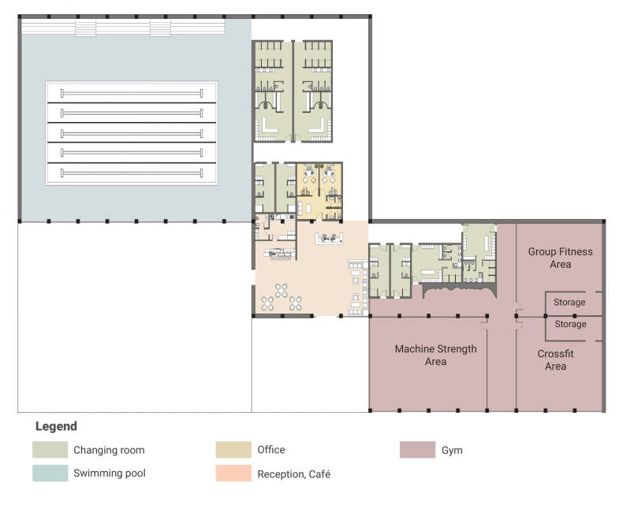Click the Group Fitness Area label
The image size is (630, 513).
(x=560, y=258)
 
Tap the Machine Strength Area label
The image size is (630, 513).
(x=435, y=355)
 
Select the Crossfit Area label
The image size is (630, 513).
(x=555, y=359)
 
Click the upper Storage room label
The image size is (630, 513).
(x=569, y=302)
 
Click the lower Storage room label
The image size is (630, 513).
(x=570, y=324)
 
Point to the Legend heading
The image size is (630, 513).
(x=56, y=426)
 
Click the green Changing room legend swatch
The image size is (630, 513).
(x=50, y=450)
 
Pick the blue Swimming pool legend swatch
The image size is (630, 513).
(x=50, y=474)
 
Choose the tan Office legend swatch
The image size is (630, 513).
(x=233, y=450)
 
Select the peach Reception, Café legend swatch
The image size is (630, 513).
(x=233, y=474)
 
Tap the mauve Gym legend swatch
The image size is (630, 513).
(x=417, y=450)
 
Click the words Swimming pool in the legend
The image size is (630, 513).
(x=110, y=474)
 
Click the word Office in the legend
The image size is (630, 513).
(x=271, y=450)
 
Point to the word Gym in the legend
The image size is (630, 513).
(x=452, y=451)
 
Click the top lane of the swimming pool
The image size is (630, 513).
(x=132, y=93)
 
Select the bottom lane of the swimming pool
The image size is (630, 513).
(x=132, y=173)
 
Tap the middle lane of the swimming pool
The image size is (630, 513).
(x=132, y=133)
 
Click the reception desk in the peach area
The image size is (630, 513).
(x=329, y=239)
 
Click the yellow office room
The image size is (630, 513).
(x=319, y=191)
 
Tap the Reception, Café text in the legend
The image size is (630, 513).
(x=293, y=474)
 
